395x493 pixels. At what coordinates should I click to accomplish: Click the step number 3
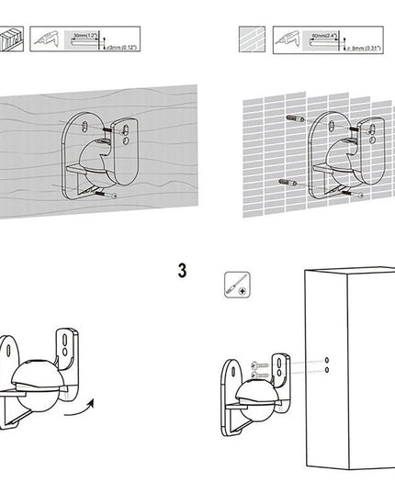182,271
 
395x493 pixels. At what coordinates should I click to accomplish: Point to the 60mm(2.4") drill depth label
324,35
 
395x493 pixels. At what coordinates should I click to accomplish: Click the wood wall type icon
11,39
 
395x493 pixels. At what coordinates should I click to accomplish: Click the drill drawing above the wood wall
53,39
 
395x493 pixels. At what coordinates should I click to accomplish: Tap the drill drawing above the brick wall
292,39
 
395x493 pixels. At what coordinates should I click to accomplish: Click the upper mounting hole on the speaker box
326,358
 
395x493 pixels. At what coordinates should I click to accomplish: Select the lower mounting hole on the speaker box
326,369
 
